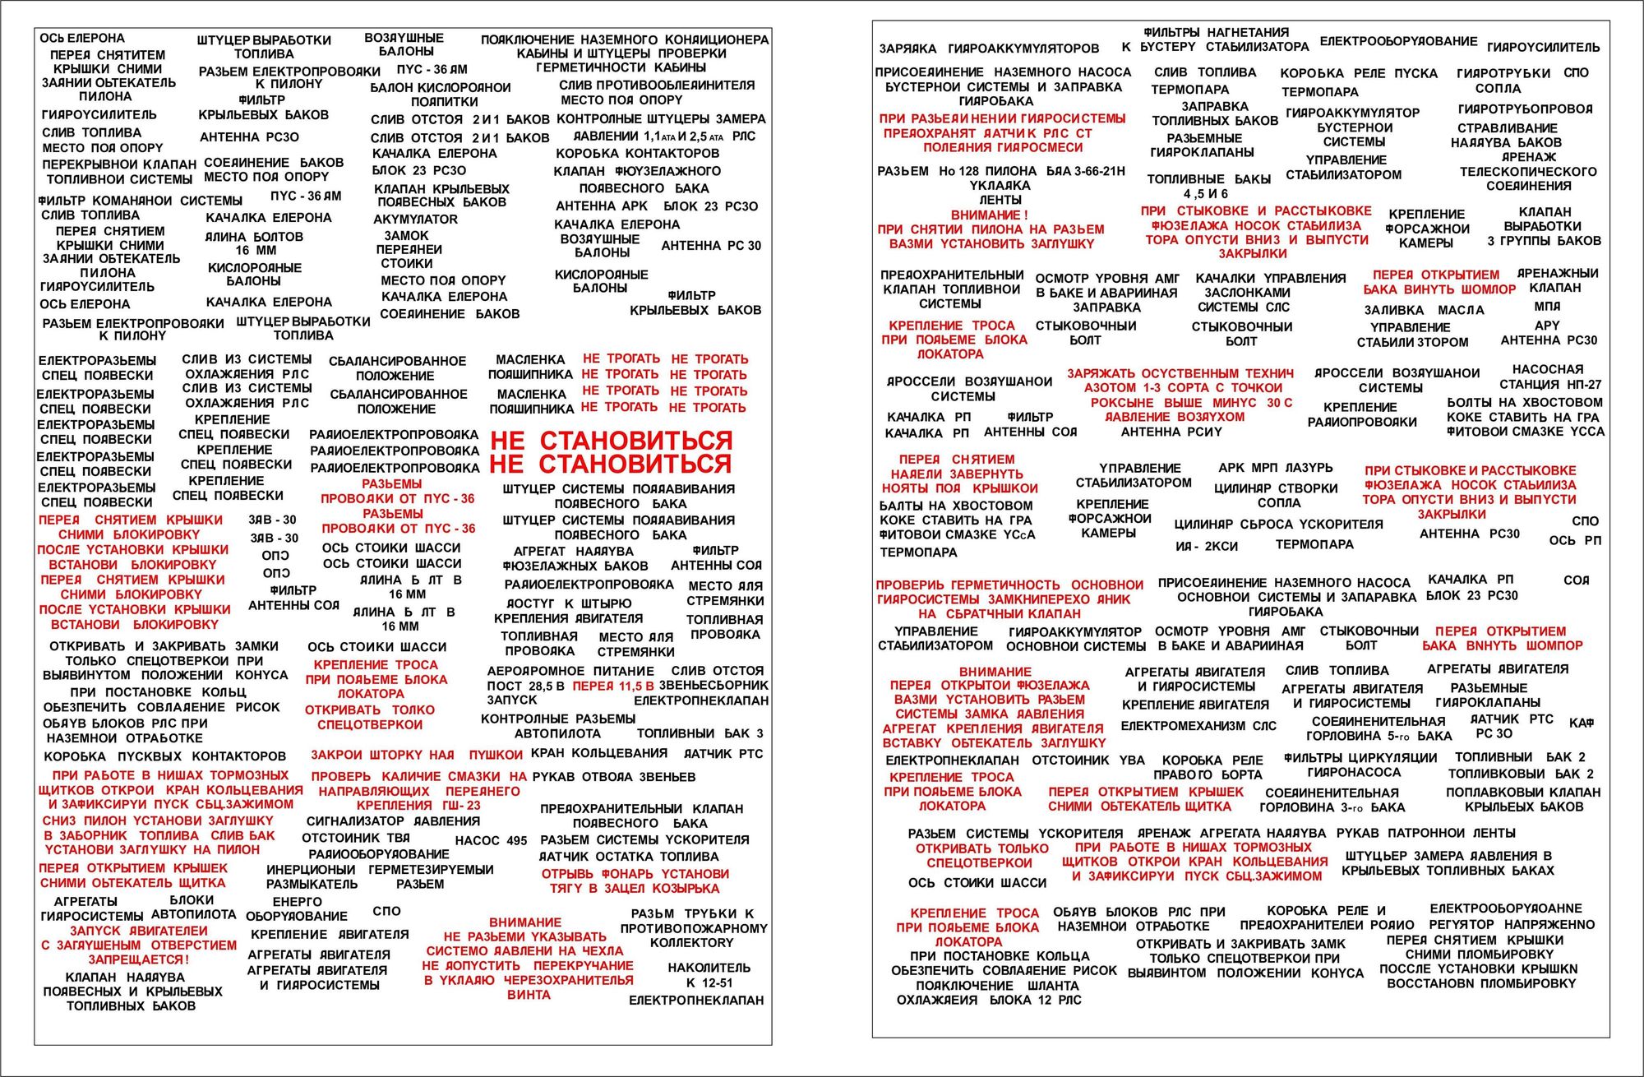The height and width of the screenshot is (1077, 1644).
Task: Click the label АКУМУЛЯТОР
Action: click(x=415, y=220)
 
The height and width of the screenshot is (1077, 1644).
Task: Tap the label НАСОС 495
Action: click(x=491, y=840)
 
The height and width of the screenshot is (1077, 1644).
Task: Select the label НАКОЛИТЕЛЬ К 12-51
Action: click(x=709, y=975)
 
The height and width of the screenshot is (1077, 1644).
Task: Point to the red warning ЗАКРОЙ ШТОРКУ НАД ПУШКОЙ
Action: click(x=416, y=755)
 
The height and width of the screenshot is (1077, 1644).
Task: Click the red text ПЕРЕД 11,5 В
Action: click(x=613, y=686)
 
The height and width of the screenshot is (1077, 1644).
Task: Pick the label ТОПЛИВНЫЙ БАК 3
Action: click(x=700, y=733)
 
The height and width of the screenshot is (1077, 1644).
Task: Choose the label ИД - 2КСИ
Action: click(x=1206, y=546)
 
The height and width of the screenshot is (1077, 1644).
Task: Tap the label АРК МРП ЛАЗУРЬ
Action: click(x=1275, y=468)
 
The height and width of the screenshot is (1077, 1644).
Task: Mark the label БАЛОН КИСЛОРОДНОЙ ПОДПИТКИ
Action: click(x=440, y=95)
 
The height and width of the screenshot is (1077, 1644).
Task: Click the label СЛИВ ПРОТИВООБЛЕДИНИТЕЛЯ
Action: click(x=656, y=86)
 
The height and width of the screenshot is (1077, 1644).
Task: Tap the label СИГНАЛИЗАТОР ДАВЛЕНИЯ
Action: click(x=393, y=820)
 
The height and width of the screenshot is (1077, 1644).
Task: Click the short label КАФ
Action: click(x=1581, y=723)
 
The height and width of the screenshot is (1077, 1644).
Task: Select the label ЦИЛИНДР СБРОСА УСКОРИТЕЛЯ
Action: click(x=1278, y=525)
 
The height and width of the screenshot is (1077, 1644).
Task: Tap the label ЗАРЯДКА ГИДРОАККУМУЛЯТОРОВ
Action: click(x=989, y=49)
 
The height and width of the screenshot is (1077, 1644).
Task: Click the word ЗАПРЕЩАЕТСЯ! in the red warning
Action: click(x=138, y=959)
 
